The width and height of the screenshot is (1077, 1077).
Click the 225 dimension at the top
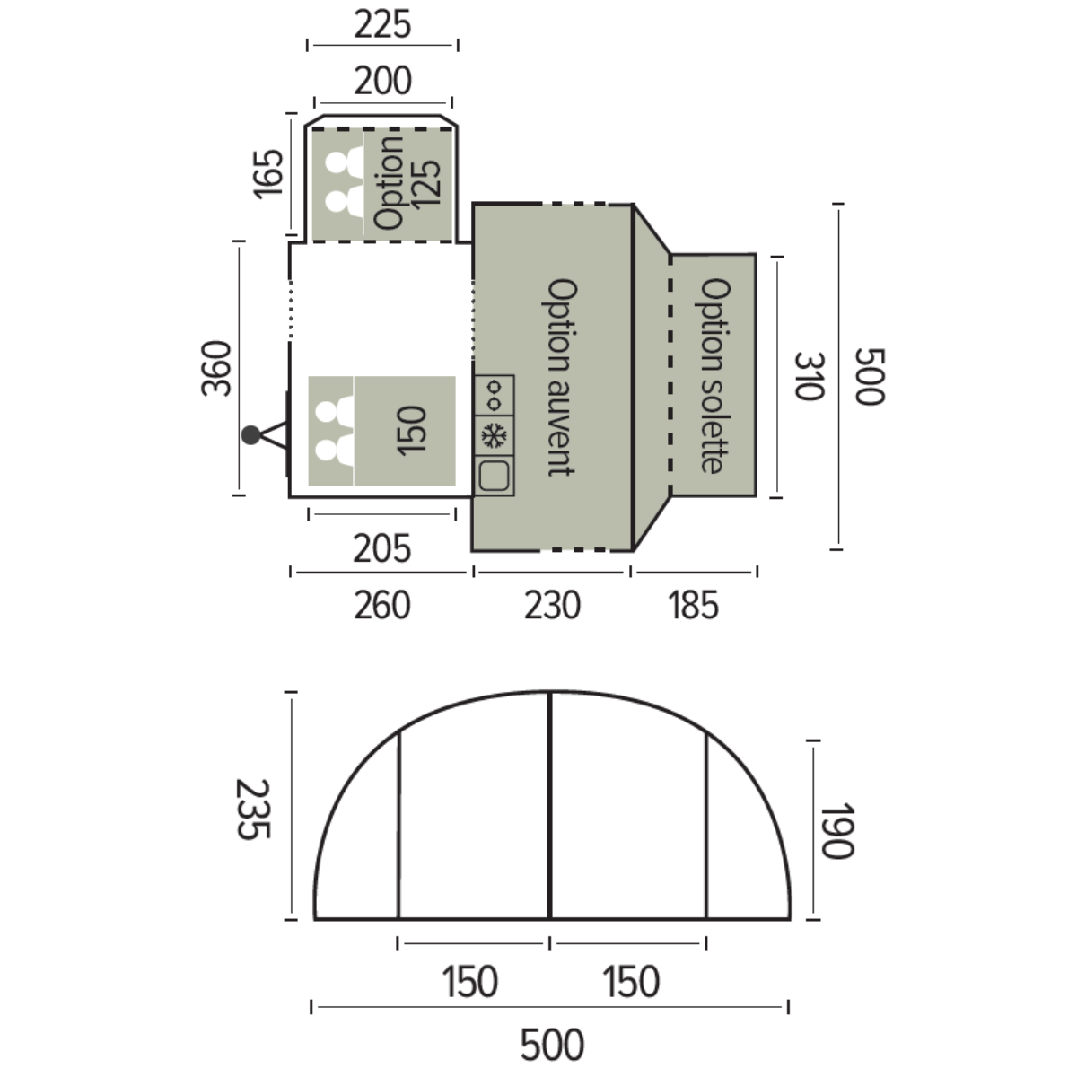point(383,24)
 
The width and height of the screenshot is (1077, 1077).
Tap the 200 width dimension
point(383,81)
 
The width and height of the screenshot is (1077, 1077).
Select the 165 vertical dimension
point(267,174)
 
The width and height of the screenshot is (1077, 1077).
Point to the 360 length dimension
point(215,368)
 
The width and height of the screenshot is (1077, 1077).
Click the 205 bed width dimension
point(381,548)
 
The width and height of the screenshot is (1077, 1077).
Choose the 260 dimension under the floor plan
point(382,605)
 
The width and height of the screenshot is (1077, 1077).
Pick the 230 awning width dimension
point(552,605)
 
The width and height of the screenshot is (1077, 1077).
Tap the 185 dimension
point(693,605)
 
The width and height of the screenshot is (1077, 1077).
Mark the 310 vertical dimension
point(809,375)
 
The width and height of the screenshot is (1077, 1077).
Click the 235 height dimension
point(253,809)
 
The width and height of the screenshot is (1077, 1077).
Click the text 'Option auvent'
point(561,377)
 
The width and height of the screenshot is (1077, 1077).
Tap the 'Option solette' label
point(714,375)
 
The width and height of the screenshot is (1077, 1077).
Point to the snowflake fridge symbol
point(494,435)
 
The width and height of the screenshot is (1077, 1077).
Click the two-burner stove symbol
point(494,395)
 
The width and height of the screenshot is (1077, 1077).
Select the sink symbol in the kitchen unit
point(494,476)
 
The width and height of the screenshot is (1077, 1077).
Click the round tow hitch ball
point(251,434)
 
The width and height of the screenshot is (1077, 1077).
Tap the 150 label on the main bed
point(411,431)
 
